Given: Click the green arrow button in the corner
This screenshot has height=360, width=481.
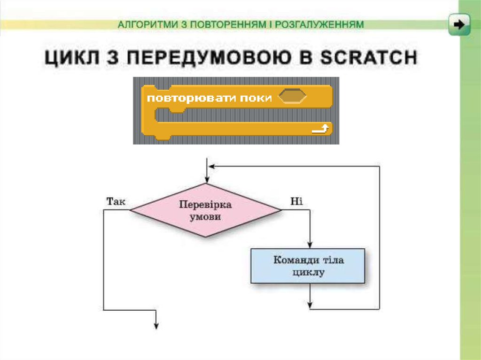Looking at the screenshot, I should point(459,24).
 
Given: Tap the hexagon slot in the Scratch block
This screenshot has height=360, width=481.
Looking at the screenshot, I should point(292,97).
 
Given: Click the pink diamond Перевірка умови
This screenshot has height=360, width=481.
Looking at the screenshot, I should point(206,211).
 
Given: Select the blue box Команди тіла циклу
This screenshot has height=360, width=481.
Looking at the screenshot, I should point(308,266).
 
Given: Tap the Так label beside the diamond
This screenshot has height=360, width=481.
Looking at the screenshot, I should point(116,202).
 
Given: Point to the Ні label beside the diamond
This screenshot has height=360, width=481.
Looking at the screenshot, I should point(296,202).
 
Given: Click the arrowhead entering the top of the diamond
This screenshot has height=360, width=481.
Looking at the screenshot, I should point(206,181).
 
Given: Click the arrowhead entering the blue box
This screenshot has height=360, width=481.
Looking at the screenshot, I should point(310,245).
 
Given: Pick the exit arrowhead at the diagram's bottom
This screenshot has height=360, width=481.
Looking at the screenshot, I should point(155,325).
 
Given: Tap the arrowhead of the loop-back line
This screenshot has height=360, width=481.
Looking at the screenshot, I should point(212,166).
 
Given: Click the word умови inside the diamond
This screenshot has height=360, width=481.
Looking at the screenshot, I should point(206,217).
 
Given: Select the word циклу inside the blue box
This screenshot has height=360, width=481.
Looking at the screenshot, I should point(308,272).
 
